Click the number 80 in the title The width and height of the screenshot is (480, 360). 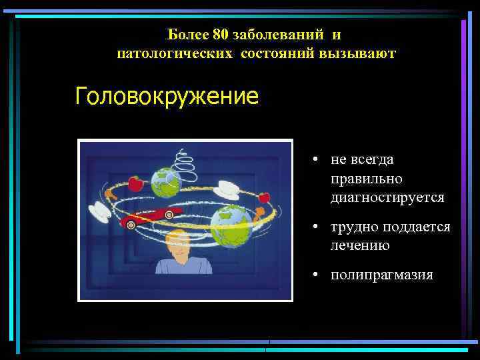pos(221,33)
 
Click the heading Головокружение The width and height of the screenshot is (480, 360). pos(167,97)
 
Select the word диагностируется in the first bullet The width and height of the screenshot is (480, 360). pos(387,198)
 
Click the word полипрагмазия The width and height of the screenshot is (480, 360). pos(381,275)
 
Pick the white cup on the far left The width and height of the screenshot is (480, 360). pos(102,213)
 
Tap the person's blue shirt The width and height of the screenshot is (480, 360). pos(183,266)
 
